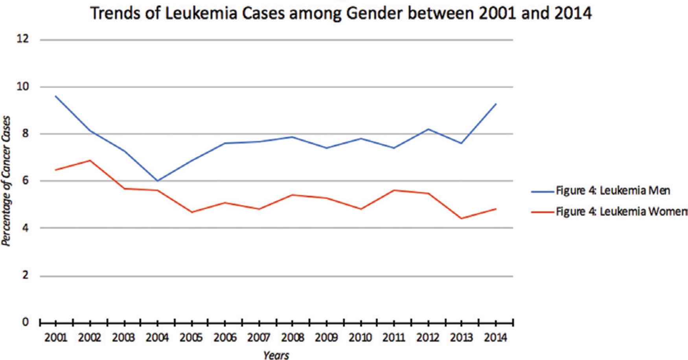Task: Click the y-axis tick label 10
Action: click(x=23, y=86)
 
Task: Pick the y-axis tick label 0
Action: click(x=26, y=322)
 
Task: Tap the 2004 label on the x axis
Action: click(x=157, y=338)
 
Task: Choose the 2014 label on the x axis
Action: click(x=495, y=338)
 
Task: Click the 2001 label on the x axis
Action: click(x=56, y=338)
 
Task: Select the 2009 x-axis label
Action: click(x=326, y=338)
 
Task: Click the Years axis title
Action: click(x=276, y=355)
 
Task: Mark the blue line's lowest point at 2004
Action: click(x=157, y=181)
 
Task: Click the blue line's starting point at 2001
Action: click(x=56, y=96)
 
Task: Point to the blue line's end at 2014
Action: click(x=496, y=104)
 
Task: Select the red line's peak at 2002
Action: click(x=90, y=160)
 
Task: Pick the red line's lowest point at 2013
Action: click(x=462, y=219)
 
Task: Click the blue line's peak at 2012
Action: click(x=428, y=129)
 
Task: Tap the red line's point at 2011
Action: click(x=394, y=190)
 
